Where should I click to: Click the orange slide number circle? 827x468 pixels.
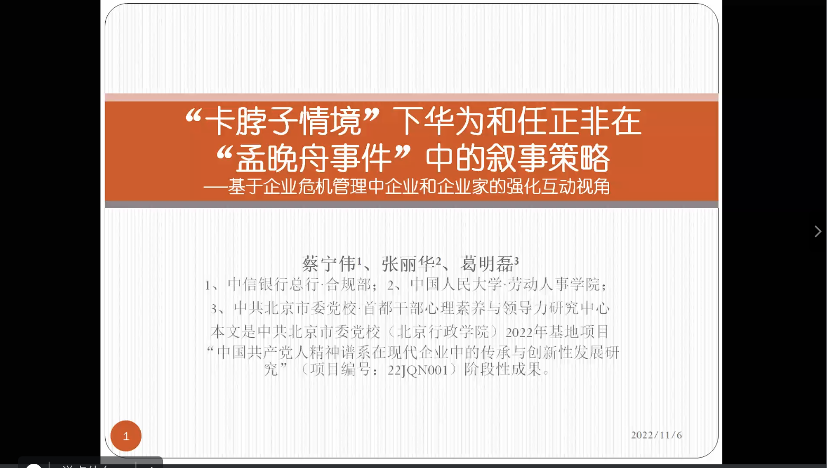(126, 436)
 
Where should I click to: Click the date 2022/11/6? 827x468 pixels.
(656, 435)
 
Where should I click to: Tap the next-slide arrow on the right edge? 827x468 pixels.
(818, 231)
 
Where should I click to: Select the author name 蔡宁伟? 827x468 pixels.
(329, 264)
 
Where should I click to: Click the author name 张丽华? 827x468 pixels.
(408, 264)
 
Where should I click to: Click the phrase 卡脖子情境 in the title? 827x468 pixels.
(283, 121)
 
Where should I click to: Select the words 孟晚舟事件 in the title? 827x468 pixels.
(314, 158)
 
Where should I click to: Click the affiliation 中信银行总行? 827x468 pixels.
(273, 284)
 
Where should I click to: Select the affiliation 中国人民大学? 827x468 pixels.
(456, 284)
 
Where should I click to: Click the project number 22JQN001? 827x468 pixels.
(418, 370)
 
